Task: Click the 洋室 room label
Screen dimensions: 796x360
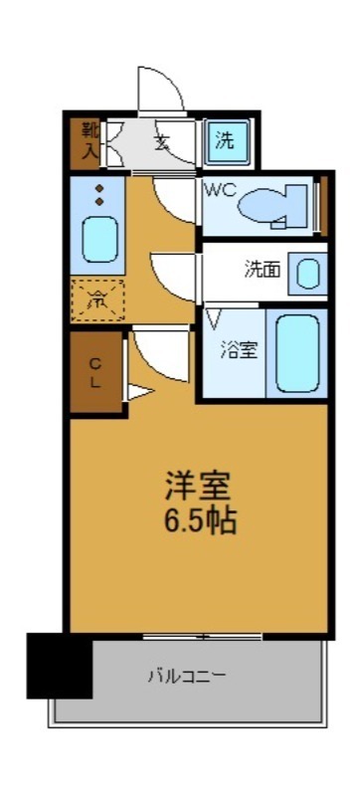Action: click(198, 487)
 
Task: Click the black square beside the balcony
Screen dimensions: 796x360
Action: click(59, 665)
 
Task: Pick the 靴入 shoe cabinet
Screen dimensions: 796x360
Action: click(89, 141)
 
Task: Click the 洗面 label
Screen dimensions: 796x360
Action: click(262, 269)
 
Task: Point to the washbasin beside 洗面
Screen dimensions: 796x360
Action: click(310, 273)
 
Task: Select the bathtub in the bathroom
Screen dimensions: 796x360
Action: click(297, 353)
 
